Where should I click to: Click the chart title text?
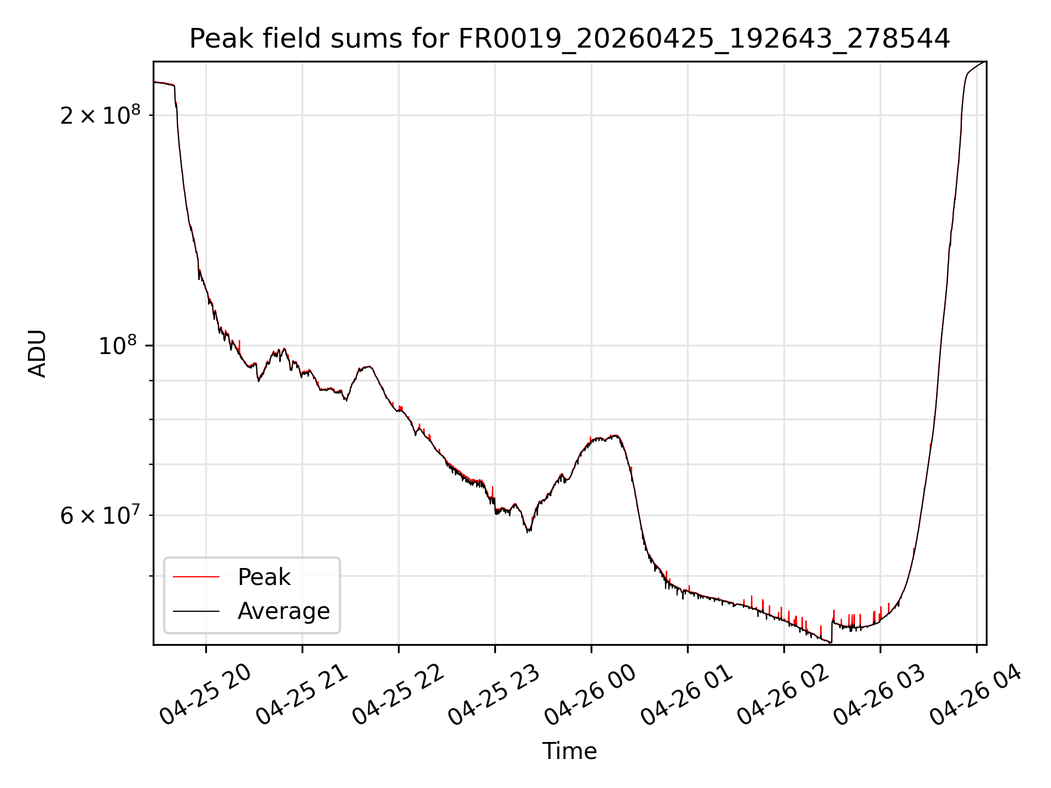click(x=569, y=39)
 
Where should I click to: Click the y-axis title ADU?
click(x=37, y=353)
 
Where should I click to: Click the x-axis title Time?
click(x=569, y=751)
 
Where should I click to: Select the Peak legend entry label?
click(x=264, y=577)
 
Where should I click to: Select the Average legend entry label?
click(x=284, y=611)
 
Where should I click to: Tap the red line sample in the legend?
click(x=196, y=577)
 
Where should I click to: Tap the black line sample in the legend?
click(x=196, y=611)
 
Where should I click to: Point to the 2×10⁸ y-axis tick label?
click(x=100, y=115)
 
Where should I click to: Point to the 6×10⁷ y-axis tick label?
click(x=100, y=515)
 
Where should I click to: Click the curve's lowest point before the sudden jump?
click(x=831, y=642)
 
